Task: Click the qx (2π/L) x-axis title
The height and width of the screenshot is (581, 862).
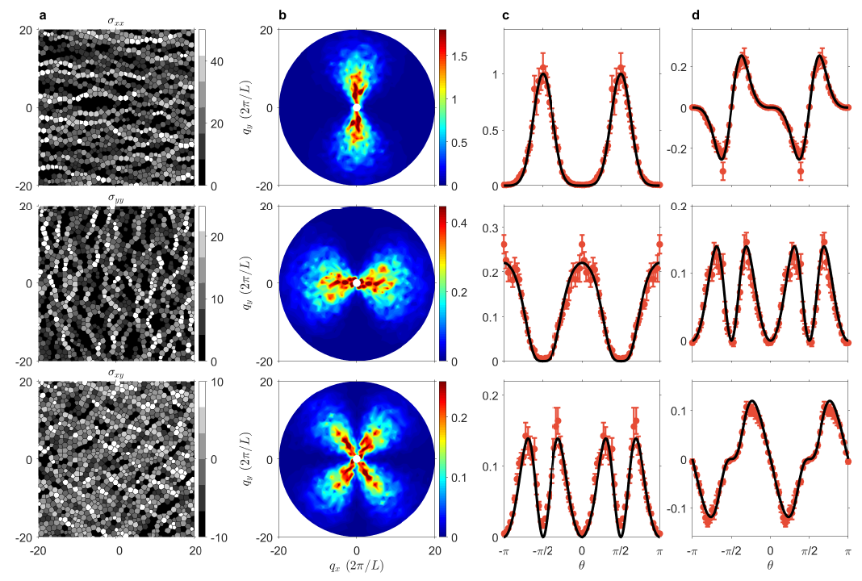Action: pyautogui.click(x=357, y=567)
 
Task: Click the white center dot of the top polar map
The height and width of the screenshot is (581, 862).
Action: pyautogui.click(x=357, y=107)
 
